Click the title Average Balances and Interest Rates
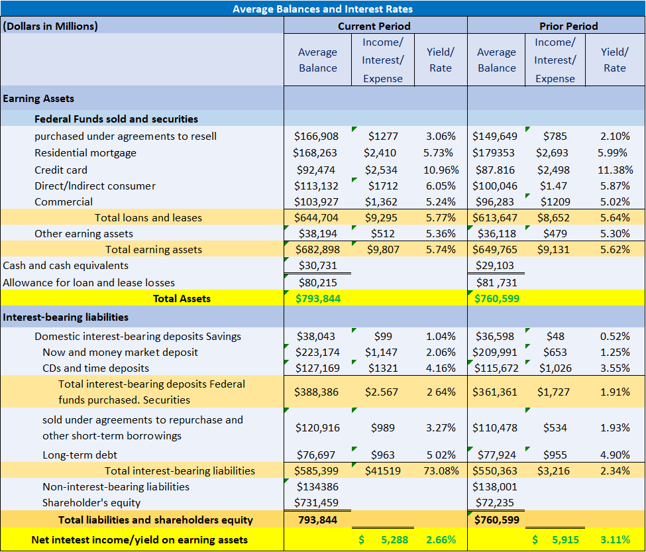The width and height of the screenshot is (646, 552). click(323, 9)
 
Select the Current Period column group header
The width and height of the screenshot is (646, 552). click(374, 27)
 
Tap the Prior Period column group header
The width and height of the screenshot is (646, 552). click(568, 27)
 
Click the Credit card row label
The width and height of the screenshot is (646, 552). click(61, 170)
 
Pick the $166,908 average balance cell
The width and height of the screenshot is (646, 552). click(316, 137)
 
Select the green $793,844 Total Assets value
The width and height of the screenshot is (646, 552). click(318, 298)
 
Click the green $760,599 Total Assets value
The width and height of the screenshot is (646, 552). click(497, 298)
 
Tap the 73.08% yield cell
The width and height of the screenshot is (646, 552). click(439, 471)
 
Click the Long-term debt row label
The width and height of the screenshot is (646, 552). click(71, 455)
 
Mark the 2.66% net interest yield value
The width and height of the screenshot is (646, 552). click(441, 540)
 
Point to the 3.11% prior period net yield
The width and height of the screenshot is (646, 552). click(615, 540)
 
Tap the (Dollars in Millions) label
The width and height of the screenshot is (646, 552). click(50, 27)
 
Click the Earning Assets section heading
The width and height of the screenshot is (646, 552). click(38, 99)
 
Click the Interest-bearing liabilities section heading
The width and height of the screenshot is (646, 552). click(66, 317)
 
